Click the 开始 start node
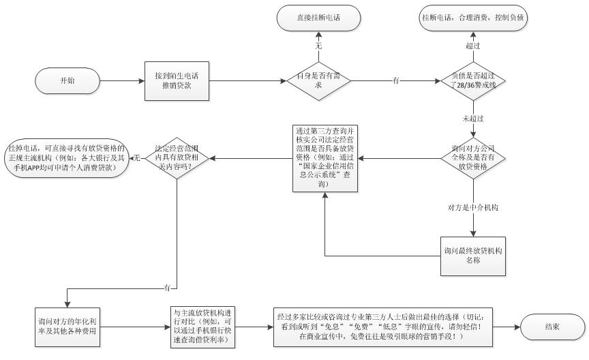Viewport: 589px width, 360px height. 67,80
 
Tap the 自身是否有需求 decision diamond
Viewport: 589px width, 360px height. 318,80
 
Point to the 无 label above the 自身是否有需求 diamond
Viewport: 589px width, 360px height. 318,45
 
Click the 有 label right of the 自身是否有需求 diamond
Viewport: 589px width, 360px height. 396,80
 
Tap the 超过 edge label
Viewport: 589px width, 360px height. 473,45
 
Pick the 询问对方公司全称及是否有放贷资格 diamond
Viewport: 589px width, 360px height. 474,159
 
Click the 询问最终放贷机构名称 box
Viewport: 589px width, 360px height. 473,255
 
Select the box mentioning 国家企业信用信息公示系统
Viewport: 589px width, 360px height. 322,157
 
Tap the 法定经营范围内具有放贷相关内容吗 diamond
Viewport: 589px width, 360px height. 177,157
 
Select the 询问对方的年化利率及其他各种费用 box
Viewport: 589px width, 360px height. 66,326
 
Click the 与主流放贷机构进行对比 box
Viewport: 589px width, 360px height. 202,326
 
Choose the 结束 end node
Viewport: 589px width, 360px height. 552,327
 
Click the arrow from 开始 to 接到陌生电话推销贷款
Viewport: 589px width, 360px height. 121,80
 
